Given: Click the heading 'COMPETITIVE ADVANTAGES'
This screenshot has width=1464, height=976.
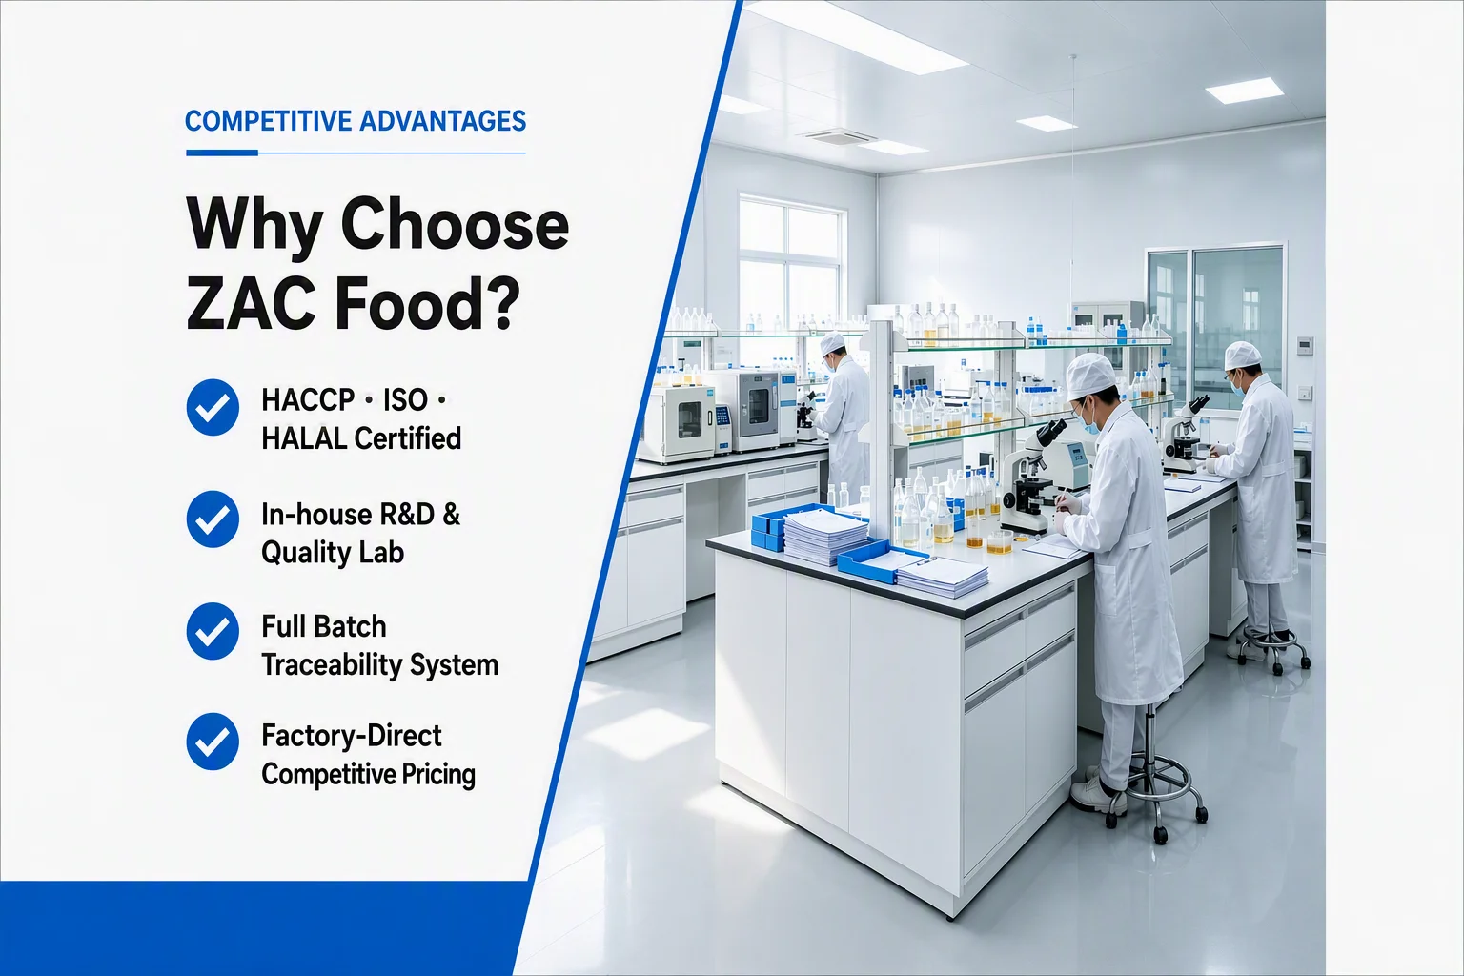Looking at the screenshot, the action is (356, 122).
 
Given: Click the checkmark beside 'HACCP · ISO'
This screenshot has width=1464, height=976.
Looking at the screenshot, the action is (213, 407).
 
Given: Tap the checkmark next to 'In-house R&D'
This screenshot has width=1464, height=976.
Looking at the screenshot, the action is (213, 519).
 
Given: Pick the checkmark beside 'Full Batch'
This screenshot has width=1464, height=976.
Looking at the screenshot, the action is (213, 631).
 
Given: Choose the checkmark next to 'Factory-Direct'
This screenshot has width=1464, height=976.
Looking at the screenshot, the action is (213, 741).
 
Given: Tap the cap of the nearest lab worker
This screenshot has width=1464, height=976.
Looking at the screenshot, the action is (1090, 376).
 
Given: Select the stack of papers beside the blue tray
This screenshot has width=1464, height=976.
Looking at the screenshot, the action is (824, 536).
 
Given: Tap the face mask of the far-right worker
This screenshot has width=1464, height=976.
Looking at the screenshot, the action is (1238, 385).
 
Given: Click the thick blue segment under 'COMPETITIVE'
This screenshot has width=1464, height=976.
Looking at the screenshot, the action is (222, 152).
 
